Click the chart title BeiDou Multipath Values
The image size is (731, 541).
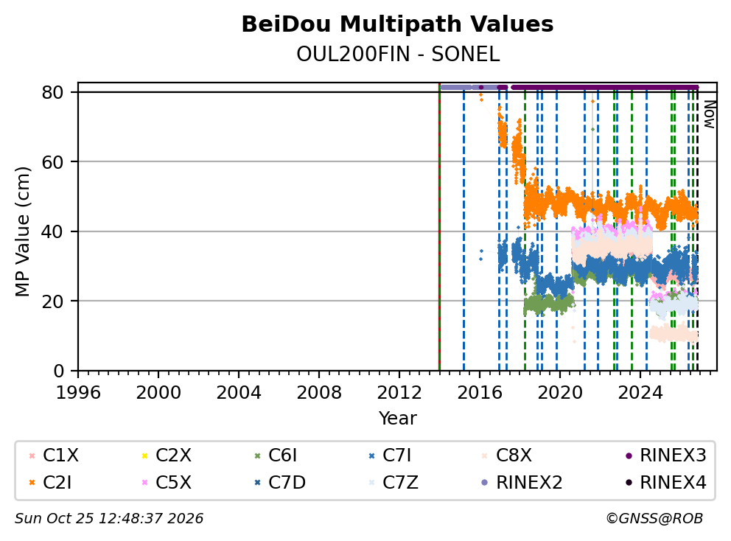pos(397,24)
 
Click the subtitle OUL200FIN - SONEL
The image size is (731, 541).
pos(398,55)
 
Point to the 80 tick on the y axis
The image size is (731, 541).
pos(52,92)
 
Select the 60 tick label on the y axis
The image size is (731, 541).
pos(52,162)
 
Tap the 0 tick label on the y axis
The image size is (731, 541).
pos(59,371)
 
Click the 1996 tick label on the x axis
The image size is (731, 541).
pos(78,393)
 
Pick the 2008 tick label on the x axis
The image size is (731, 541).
pos(319,393)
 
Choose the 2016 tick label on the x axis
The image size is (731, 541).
pos(480,393)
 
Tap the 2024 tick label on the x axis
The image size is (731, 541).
pos(640,393)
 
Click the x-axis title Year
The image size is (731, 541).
pos(397,419)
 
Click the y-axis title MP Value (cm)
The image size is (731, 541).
pos(22,231)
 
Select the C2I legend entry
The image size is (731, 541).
pos(51,483)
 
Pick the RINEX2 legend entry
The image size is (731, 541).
pos(522,483)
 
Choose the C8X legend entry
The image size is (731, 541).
pos(507,456)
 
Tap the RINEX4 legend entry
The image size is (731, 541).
pos(665,483)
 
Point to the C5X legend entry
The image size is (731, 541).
pos(167,483)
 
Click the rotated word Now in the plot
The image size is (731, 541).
pos(709,115)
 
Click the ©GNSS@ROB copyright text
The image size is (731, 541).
pos(654,518)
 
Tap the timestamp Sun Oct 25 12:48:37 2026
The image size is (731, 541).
pos(109,518)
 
